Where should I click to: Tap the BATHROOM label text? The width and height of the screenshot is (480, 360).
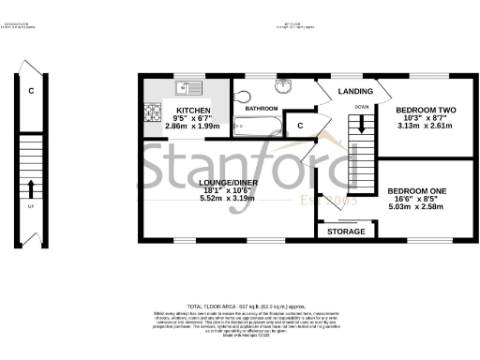tap(260, 109)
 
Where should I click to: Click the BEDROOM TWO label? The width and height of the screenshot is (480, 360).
tap(422, 110)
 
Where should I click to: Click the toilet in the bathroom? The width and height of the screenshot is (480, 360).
tap(241, 97)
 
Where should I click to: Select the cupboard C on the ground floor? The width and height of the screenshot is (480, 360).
tap(31, 91)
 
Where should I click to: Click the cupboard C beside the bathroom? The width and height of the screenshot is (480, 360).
tap(300, 125)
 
